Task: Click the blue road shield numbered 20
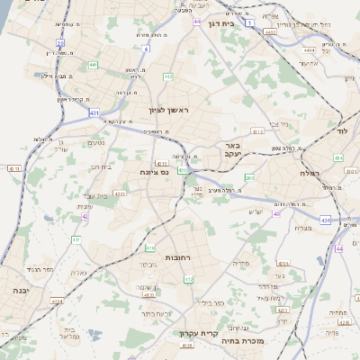pyautogui.click(x=60, y=41)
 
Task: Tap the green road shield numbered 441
pyautogui.click(x=94, y=65)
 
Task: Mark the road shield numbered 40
pyautogui.click(x=276, y=214)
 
